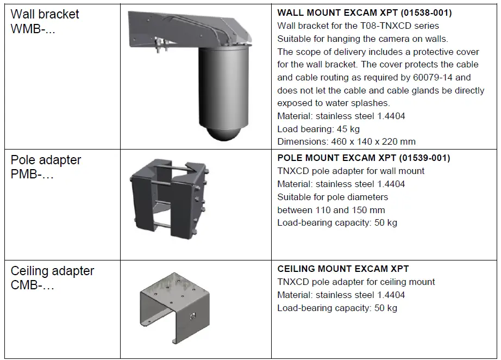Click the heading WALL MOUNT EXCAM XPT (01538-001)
pos(364,13)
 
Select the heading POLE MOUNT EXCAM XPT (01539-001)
pos(364,158)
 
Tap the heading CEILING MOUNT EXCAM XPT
pos(343,269)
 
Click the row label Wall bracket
pos(45,14)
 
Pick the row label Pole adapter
pos(46,160)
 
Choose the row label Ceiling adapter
pos(53,271)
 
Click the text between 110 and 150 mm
pos(331,210)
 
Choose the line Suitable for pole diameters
pos(333,197)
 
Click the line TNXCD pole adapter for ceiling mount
pos(356,282)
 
